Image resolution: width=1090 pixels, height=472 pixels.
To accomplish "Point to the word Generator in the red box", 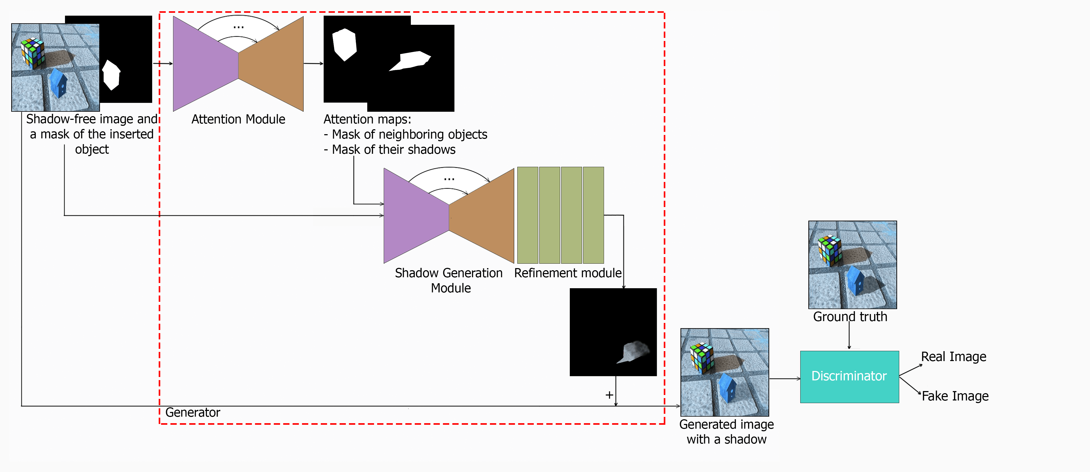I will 193,412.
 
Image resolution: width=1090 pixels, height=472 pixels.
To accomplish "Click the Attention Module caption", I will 238,119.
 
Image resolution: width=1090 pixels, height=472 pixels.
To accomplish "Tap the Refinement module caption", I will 567,273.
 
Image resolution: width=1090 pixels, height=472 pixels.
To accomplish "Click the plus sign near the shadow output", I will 609,395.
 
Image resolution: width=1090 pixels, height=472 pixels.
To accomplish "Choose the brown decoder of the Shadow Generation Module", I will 482,216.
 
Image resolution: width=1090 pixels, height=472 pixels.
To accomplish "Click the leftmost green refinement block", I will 528,215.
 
